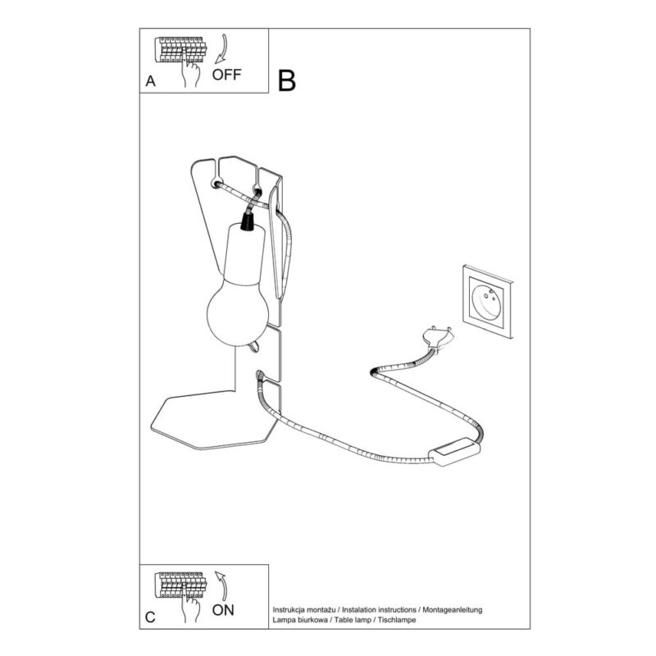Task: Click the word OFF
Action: click(226, 75)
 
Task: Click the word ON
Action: click(223, 610)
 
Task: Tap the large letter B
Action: click(287, 80)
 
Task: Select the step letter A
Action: click(151, 80)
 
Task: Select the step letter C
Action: click(150, 617)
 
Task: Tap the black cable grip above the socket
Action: click(248, 221)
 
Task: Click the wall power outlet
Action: click(488, 301)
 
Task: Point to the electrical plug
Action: click(438, 338)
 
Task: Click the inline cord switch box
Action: click(454, 452)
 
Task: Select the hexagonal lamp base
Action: click(214, 420)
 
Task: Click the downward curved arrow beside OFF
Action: click(221, 49)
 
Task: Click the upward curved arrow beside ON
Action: click(221, 585)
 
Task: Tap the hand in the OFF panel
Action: click(190, 71)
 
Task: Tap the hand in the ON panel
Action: click(190, 607)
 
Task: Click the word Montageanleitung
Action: click(453, 610)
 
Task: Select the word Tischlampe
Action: click(397, 620)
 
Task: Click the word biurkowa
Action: click(310, 620)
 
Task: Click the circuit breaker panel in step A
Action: click(180, 49)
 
